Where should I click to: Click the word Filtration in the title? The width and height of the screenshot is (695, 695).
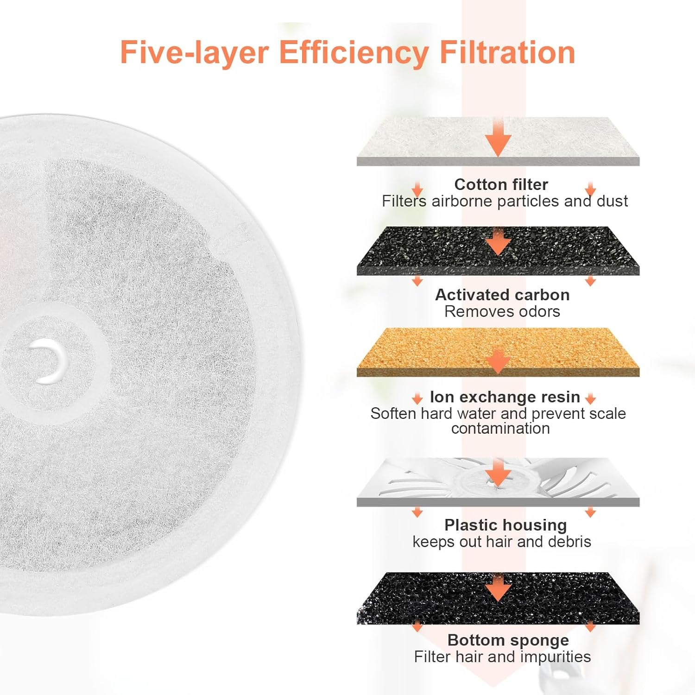pos(507,52)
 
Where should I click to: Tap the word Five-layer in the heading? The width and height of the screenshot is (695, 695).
pos(194,53)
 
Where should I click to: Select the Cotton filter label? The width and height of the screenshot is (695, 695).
pos(501,184)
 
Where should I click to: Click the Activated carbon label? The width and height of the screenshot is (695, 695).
pos(502,295)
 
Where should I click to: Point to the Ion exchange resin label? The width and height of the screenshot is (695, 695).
pos(505,397)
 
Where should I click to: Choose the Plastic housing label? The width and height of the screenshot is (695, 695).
pos(505,525)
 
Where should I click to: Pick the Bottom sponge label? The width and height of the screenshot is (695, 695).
pos(508,640)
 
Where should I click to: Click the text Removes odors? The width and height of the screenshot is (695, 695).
pos(502,311)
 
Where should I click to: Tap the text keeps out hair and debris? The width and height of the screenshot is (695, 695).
pos(502,542)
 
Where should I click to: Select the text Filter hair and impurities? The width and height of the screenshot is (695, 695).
pos(502,657)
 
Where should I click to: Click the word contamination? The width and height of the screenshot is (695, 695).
pos(500,429)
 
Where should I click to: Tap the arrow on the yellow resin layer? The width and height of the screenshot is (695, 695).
pos(499,361)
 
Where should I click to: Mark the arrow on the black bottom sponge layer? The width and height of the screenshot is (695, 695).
pos(499,588)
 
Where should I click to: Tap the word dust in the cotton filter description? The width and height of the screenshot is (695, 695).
pos(612,201)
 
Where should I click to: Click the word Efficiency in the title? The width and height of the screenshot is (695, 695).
pos(354,53)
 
